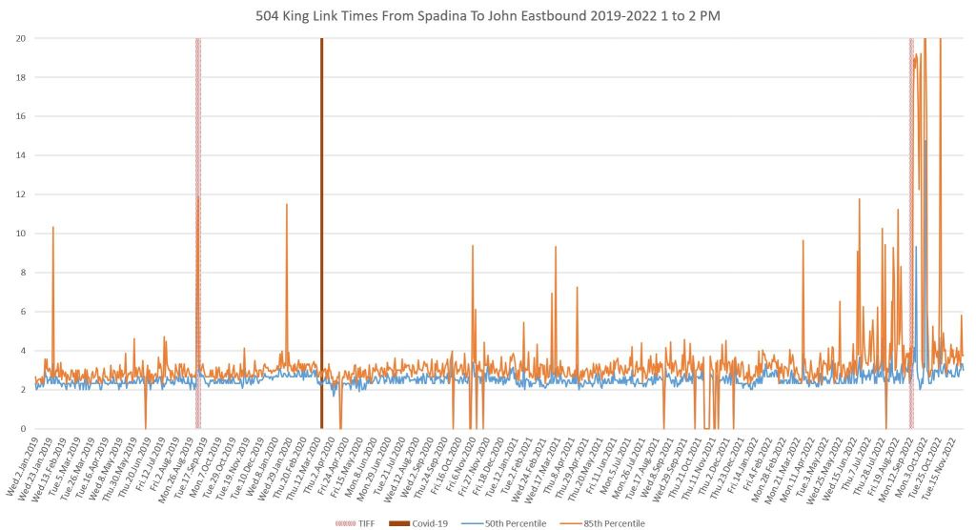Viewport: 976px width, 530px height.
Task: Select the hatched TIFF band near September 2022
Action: click(x=911, y=238)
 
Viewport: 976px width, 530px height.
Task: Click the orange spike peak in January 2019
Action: click(x=52, y=228)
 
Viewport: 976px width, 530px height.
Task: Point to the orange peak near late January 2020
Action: click(x=286, y=205)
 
